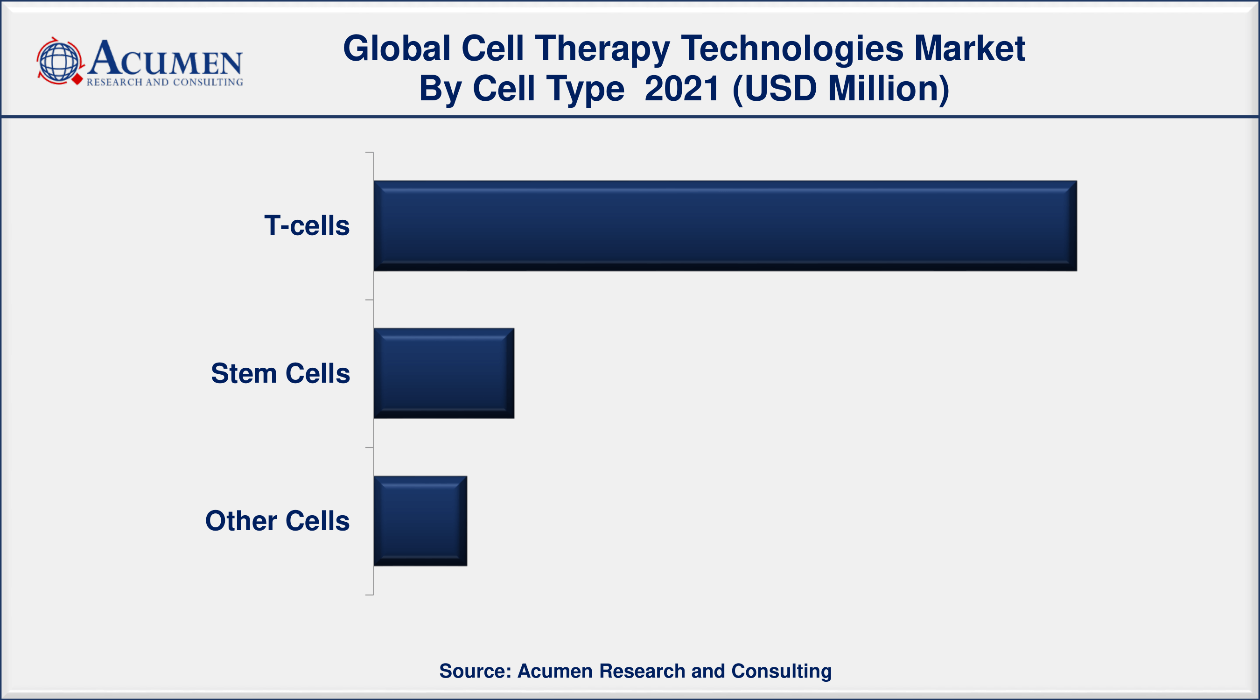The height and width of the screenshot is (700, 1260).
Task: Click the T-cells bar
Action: click(x=725, y=225)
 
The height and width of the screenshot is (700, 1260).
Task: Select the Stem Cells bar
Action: click(x=444, y=373)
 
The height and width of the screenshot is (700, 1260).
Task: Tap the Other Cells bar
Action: click(x=420, y=521)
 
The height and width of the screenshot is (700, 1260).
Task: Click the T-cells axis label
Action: click(x=307, y=225)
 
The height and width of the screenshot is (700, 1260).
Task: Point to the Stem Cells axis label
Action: click(x=280, y=373)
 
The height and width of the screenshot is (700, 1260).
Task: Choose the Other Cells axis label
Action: click(x=277, y=521)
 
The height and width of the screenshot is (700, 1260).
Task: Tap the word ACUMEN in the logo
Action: click(x=165, y=59)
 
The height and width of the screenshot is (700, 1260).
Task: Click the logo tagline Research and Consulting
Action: click(x=165, y=82)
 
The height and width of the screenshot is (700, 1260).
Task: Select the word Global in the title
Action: click(x=397, y=49)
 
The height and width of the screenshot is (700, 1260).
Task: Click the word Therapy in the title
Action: click(x=602, y=49)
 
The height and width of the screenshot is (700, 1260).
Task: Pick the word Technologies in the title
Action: click(x=792, y=49)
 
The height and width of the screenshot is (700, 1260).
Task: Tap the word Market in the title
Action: click(x=969, y=49)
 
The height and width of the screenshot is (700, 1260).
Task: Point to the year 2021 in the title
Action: click(x=682, y=89)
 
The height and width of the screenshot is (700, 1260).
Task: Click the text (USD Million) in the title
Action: click(x=840, y=89)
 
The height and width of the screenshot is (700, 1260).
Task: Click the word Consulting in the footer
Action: click(x=781, y=671)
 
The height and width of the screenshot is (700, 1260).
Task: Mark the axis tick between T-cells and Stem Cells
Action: click(x=369, y=300)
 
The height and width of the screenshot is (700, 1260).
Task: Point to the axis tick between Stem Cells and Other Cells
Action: click(x=369, y=448)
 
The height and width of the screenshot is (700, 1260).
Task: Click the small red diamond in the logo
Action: click(x=77, y=79)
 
